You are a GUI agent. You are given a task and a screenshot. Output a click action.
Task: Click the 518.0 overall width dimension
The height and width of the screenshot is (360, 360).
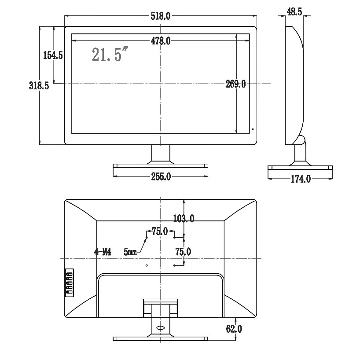coord(161,16)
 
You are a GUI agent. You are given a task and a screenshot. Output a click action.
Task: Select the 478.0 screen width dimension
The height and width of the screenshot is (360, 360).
coord(161,41)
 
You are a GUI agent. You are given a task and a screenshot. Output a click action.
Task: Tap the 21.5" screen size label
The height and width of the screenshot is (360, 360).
coord(110,54)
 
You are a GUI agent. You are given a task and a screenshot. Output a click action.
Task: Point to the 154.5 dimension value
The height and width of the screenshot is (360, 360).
coord(53,55)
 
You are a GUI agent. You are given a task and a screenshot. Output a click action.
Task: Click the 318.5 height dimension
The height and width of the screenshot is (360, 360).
coord(39,86)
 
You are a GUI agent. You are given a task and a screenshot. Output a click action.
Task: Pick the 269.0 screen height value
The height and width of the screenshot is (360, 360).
coord(235,84)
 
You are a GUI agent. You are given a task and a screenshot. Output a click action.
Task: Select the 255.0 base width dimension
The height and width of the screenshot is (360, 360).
coord(161,176)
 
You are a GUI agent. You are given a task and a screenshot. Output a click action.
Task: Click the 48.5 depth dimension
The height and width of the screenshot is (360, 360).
coord(294,12)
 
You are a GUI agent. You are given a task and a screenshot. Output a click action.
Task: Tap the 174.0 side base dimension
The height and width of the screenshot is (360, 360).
coord(301,179)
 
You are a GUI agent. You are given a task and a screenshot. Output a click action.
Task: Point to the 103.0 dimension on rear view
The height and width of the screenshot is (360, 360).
coord(184,218)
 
